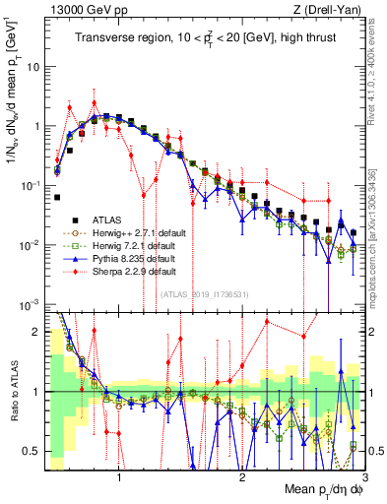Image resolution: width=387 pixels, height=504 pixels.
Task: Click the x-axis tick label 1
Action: click(x=119, y=479)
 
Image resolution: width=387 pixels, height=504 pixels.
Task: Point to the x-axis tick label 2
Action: click(x=242, y=479)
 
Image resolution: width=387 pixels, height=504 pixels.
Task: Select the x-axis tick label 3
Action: click(x=363, y=479)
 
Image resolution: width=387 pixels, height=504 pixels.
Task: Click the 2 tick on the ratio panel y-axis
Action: click(x=37, y=332)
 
